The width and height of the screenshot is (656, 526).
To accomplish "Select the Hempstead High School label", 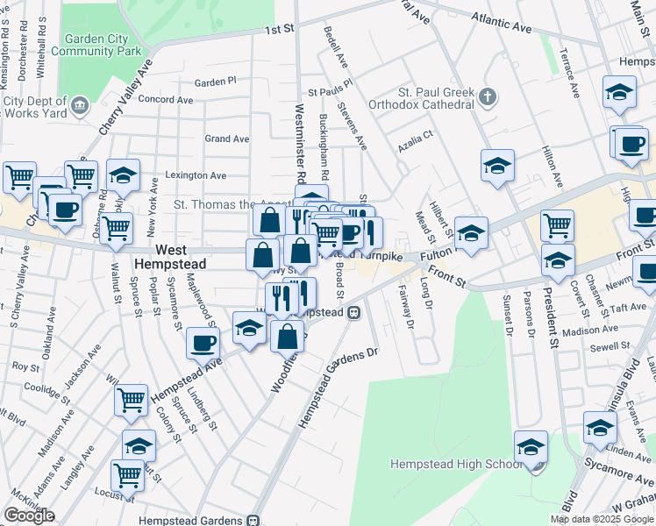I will pyautogui.click(x=455, y=464).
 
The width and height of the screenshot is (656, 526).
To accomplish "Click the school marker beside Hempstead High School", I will pyautogui.click(x=531, y=447).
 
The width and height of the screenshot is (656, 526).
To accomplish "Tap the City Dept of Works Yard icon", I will pyautogui.click(x=80, y=106).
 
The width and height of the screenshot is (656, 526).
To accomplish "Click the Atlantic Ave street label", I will pyautogui.click(x=501, y=23).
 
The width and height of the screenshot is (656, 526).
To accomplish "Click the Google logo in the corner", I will pyautogui.click(x=29, y=515).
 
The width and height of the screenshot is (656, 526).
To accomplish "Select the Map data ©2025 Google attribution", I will pyautogui.click(x=601, y=519).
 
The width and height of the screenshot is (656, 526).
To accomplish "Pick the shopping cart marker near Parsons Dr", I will pyautogui.click(x=557, y=226).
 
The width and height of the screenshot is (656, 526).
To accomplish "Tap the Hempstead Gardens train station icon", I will pyautogui.click(x=253, y=520).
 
